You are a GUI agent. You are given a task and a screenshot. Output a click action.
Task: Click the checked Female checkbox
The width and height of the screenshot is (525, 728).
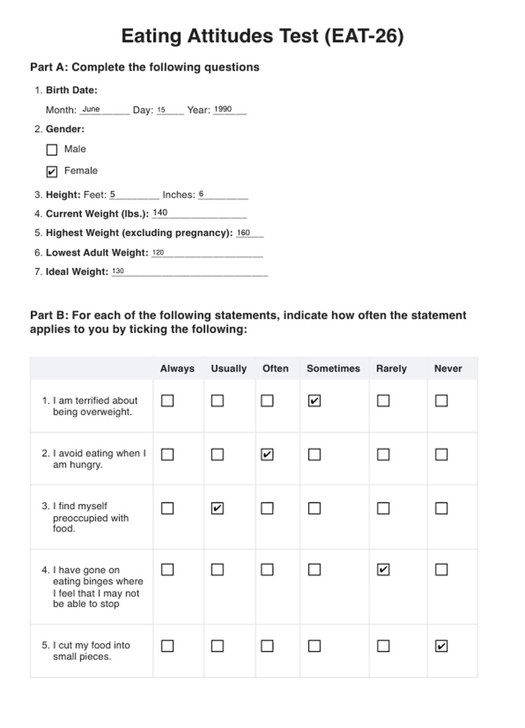tap(52, 172)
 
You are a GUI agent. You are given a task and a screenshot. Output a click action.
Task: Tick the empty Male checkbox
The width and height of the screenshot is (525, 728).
tap(52, 150)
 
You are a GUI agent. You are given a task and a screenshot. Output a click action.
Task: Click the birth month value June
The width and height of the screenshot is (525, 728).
tap(91, 109)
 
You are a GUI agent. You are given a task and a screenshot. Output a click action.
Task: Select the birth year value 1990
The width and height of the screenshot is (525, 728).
tap(223, 109)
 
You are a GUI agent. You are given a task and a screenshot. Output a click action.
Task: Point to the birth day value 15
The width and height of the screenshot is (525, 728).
tap(161, 109)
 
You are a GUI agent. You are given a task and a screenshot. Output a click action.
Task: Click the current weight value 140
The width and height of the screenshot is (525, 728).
tap(160, 213)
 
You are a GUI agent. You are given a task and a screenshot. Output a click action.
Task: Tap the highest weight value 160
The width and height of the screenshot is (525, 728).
tap(243, 232)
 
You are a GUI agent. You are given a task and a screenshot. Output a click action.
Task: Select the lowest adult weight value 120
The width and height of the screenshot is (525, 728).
tap(158, 252)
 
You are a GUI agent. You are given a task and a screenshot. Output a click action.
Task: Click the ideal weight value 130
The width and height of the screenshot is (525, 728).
tap(118, 271)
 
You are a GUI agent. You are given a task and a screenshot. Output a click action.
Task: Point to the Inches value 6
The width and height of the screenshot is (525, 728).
tap(201, 194)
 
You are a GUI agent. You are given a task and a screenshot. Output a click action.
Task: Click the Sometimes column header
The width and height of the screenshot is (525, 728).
tap(333, 368)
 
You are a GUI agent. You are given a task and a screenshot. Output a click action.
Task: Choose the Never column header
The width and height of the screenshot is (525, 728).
tap(448, 368)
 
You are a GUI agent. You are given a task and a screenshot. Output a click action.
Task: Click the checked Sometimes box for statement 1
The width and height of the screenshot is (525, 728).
tap(314, 401)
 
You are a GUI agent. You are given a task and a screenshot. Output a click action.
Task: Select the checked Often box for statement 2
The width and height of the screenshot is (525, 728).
tap(267, 455)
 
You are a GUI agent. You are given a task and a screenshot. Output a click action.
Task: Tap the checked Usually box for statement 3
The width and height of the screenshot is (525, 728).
tap(217, 508)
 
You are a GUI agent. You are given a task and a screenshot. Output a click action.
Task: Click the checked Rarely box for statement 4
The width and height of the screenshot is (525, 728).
tap(383, 569)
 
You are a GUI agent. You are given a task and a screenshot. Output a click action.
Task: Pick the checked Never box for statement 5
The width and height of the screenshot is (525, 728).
tap(441, 646)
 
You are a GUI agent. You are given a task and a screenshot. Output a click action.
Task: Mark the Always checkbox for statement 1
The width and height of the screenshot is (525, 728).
tap(167, 401)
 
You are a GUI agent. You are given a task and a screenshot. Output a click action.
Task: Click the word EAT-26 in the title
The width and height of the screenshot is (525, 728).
tap(363, 36)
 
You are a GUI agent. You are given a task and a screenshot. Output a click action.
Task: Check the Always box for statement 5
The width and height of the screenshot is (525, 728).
tap(167, 646)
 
